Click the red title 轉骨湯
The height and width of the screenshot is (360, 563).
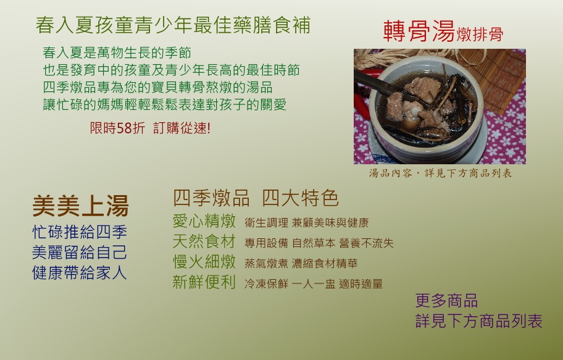(419, 31)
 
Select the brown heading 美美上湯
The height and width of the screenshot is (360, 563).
(80, 206)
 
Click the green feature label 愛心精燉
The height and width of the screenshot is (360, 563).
(204, 220)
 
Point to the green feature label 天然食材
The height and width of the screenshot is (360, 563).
(204, 241)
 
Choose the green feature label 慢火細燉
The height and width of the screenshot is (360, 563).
(204, 261)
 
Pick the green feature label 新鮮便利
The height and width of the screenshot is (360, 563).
(204, 282)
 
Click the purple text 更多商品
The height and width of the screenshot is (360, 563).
(446, 300)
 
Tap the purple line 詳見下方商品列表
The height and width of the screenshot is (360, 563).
(478, 321)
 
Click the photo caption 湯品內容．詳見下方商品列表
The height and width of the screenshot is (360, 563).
(440, 173)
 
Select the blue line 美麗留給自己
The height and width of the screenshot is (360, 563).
(80, 252)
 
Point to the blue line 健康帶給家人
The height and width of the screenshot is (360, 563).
(80, 273)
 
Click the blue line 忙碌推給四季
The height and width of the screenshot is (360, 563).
(80, 232)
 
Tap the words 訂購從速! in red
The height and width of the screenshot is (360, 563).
(181, 128)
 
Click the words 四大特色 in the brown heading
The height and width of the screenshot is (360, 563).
(300, 198)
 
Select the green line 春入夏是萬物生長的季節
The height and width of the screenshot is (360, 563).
(117, 53)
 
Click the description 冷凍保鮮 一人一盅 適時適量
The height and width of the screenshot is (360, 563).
(314, 284)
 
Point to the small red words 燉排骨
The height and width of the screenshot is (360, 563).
(480, 35)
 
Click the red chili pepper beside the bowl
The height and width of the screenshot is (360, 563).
(362, 103)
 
